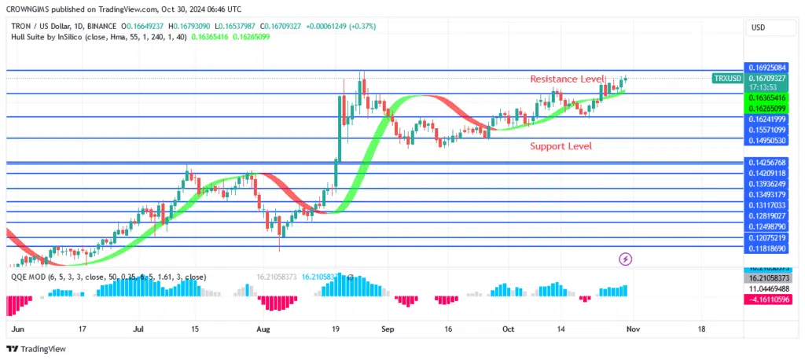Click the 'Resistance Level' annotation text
[567, 79]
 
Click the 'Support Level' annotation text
[561, 146]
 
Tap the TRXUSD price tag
[726, 79]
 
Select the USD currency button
[759, 28]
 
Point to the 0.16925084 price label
[766, 68]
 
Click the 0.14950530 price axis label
[766, 140]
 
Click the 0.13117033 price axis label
[766, 204]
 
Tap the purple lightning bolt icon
[626, 259]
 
